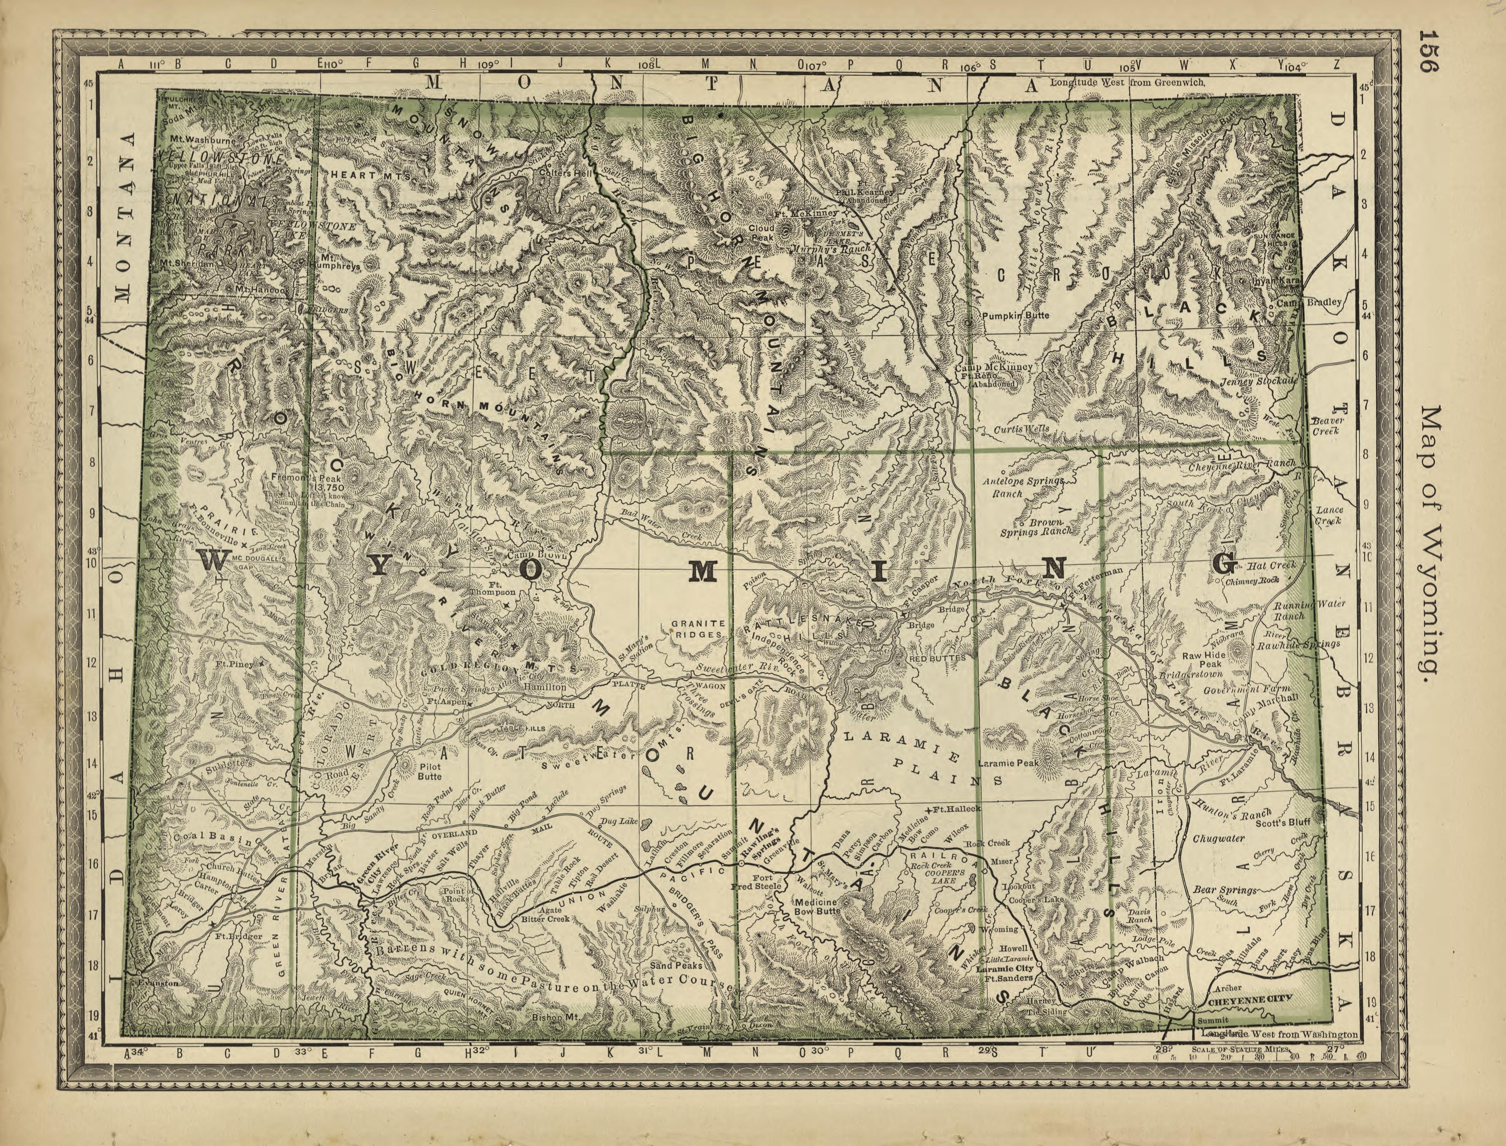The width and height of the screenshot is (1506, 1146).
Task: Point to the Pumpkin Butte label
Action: [1016, 316]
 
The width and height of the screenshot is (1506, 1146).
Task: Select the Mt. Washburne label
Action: [203, 140]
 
